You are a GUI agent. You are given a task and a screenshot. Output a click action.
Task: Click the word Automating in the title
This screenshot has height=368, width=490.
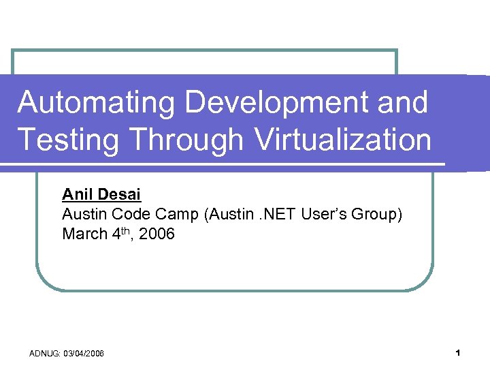pos(96,103)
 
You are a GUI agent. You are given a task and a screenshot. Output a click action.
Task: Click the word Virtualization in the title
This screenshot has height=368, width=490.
pos(343,140)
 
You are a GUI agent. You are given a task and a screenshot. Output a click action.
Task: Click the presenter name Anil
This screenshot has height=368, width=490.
pos(76,195)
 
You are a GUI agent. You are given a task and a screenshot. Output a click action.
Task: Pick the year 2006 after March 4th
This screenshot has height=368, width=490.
pos(159,234)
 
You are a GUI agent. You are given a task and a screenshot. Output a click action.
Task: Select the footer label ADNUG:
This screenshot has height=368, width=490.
pos(44,354)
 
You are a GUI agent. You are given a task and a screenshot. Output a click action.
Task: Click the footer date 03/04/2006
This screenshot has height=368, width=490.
pos(83,354)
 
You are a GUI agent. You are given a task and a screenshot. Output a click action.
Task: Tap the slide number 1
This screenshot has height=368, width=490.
pos(459,353)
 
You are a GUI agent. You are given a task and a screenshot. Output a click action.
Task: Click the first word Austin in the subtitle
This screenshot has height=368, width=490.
pos(83,215)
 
